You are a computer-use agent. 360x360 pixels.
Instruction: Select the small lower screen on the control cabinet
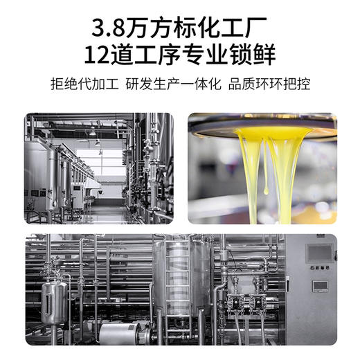pos(319,285)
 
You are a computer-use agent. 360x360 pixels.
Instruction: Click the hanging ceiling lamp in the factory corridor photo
pos(91,131)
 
